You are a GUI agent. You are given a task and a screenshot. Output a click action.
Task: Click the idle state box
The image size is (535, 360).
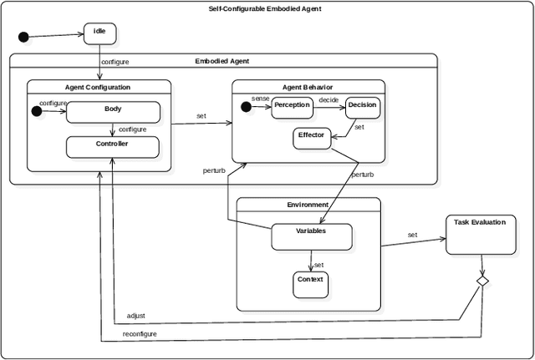click(99, 33)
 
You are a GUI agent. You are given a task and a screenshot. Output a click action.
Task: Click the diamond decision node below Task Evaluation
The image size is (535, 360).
click(482, 281)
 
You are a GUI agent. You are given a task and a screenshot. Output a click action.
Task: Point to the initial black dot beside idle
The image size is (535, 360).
click(24, 37)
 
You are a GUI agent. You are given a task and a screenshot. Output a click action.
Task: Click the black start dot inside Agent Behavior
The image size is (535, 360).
click(246, 106)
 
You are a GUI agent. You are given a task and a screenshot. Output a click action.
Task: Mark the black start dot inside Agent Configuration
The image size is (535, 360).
click(37, 110)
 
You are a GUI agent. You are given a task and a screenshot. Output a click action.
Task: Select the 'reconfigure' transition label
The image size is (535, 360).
click(140, 333)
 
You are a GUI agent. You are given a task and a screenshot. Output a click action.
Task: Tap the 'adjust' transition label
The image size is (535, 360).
click(135, 316)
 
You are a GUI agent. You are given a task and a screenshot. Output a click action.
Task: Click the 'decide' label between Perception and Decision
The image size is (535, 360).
click(328, 100)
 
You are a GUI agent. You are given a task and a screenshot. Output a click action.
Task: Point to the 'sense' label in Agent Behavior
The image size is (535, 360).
click(260, 99)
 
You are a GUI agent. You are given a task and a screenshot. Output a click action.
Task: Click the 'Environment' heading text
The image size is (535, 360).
click(308, 204)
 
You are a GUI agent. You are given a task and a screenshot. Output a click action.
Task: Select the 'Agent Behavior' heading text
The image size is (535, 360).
click(308, 86)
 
